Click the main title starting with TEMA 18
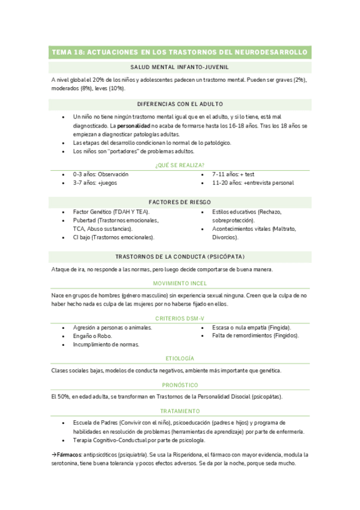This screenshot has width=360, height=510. [x=180, y=53]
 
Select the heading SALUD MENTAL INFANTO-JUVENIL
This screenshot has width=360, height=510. [x=180, y=67]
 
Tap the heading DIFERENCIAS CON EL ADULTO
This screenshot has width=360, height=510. [x=180, y=104]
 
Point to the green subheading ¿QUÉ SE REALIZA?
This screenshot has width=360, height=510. [x=180, y=165]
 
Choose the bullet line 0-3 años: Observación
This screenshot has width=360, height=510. [x=100, y=174]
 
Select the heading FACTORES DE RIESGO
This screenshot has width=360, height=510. [x=180, y=202]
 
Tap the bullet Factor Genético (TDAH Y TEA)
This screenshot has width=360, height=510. [x=111, y=212]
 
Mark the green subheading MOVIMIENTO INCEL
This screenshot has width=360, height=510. [x=180, y=283]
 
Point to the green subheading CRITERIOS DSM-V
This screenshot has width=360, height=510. [x=180, y=318]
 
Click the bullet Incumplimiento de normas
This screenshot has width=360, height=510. [x=106, y=345]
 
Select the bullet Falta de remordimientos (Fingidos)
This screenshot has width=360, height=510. [x=255, y=336]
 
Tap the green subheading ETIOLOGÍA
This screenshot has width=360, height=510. [x=180, y=358]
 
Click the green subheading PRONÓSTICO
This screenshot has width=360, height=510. [x=180, y=384]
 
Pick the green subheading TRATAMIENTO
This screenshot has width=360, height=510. [x=180, y=411]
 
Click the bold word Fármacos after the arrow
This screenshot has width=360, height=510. [x=69, y=455]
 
